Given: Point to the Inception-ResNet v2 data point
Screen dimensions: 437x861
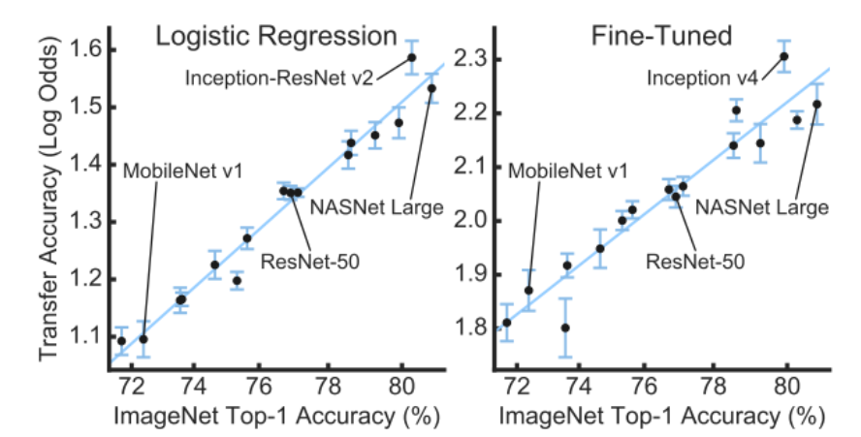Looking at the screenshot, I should pyautogui.click(x=411, y=57).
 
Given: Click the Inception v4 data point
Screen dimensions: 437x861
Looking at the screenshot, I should pyautogui.click(x=783, y=56).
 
